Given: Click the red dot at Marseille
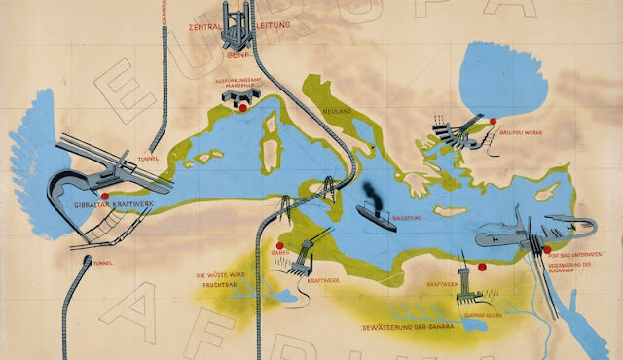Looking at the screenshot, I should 242,109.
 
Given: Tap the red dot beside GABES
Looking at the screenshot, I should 280,245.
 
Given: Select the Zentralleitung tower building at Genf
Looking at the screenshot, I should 239,25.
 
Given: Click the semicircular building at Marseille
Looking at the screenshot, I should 241,94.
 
